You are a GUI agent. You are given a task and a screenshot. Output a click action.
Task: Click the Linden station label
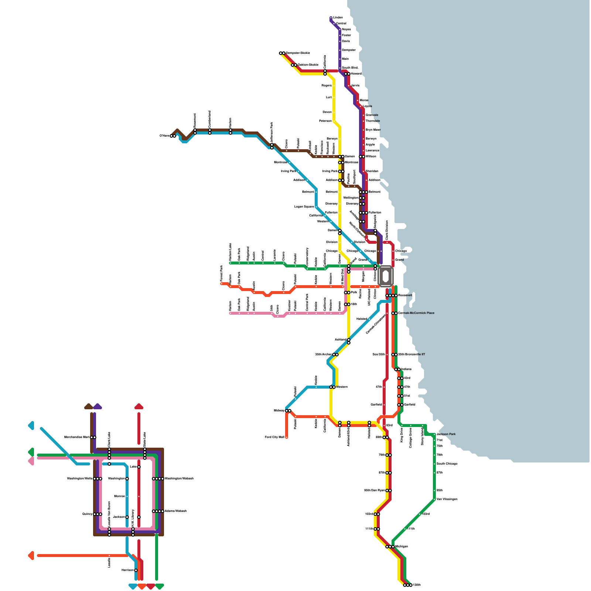338,18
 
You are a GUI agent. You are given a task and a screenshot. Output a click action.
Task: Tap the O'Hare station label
164,136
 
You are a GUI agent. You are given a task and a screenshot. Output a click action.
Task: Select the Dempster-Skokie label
298,53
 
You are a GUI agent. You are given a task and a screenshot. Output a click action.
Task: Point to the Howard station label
356,74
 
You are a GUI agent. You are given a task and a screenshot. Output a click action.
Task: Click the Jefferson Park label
272,132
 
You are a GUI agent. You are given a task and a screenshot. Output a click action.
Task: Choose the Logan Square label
304,207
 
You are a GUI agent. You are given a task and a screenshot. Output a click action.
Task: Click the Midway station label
279,411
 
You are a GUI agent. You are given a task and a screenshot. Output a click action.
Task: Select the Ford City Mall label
274,437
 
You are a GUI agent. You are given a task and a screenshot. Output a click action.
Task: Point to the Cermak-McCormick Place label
416,313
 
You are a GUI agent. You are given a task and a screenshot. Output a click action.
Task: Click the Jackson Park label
446,434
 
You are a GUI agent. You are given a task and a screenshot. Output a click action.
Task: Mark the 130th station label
417,585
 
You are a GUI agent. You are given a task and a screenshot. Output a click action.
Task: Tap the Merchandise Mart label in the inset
77,437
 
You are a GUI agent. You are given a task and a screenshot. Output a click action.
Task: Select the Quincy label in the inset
87,514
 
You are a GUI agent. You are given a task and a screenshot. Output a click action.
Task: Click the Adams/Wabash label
175,511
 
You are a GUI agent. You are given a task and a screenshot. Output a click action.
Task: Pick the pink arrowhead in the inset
31,461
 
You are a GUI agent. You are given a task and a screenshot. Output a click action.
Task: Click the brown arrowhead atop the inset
88,407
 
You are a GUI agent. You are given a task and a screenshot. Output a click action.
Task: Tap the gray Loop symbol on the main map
386,276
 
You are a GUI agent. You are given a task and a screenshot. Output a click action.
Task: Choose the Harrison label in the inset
127,570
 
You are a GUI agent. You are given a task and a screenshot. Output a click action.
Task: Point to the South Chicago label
447,464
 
